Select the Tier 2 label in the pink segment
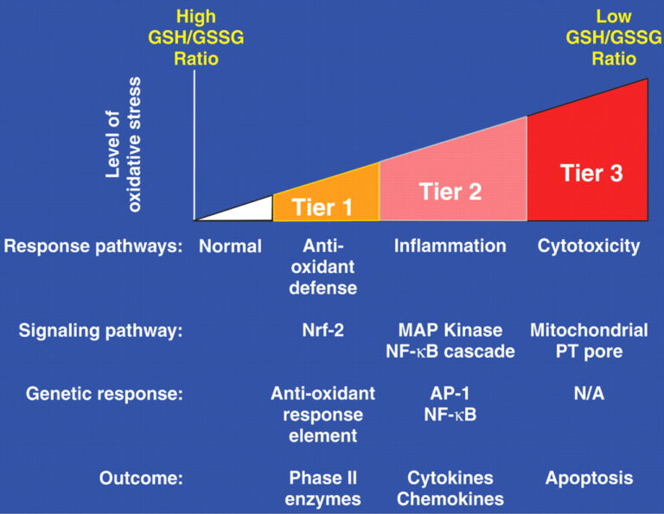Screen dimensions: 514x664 (x=450, y=190)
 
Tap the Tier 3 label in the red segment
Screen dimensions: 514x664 (x=591, y=173)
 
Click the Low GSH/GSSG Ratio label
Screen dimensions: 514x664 (x=615, y=39)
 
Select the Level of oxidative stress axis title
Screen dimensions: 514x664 (x=124, y=129)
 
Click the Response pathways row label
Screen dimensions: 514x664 (x=93, y=247)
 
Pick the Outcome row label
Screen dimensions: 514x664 (x=141, y=478)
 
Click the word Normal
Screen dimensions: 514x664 (x=230, y=247)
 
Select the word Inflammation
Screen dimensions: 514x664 (x=450, y=247)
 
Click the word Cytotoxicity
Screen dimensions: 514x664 (x=589, y=247)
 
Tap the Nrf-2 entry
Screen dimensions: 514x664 (x=323, y=331)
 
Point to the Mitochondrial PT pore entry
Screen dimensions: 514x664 (x=589, y=341)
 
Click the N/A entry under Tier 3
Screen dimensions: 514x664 (x=589, y=394)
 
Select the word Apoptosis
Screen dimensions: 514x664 (x=589, y=478)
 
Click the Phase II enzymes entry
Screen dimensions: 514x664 (x=323, y=488)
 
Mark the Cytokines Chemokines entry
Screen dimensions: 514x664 (x=450, y=488)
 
